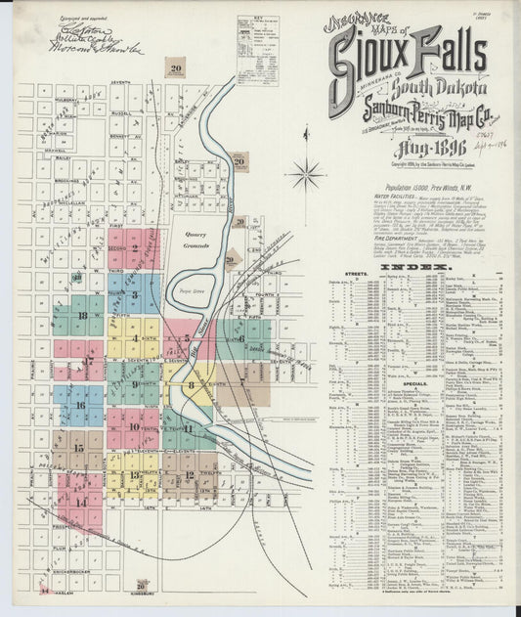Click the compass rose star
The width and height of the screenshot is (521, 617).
[x=307, y=176]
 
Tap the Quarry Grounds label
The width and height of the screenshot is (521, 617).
[x=197, y=241]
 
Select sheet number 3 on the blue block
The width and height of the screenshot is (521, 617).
[x=135, y=294]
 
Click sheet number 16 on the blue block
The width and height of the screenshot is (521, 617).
[x=81, y=404]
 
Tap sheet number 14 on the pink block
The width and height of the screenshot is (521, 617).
[x=82, y=502]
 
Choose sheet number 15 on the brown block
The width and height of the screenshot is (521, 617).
[x=78, y=447]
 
